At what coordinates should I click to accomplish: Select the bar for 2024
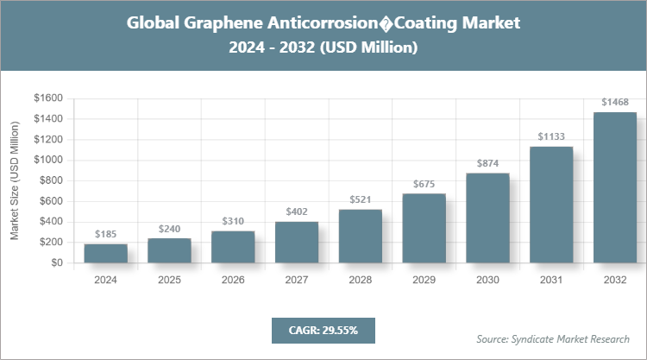(106, 254)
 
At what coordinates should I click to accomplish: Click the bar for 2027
(297, 243)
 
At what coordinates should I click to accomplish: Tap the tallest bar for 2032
(615, 187)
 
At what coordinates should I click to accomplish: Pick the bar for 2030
(487, 218)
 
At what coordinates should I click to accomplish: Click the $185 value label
(106, 234)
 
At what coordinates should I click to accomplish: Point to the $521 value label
(361, 199)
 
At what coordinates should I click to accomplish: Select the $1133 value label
(551, 136)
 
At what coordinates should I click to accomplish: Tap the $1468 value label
(615, 102)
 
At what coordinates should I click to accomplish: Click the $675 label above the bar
(424, 183)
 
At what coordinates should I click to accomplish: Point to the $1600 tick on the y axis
(48, 98)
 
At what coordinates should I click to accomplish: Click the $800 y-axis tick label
(51, 180)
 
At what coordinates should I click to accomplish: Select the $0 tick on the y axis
(57, 263)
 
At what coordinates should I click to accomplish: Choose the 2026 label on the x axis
(233, 280)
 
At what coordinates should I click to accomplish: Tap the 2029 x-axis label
(424, 280)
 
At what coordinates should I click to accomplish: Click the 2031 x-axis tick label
(551, 280)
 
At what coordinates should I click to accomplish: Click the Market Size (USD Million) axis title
(15, 180)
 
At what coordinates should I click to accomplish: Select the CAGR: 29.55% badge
(323, 330)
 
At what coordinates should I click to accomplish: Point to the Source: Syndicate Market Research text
(552, 338)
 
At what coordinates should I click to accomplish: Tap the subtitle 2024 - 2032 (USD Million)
(323, 48)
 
